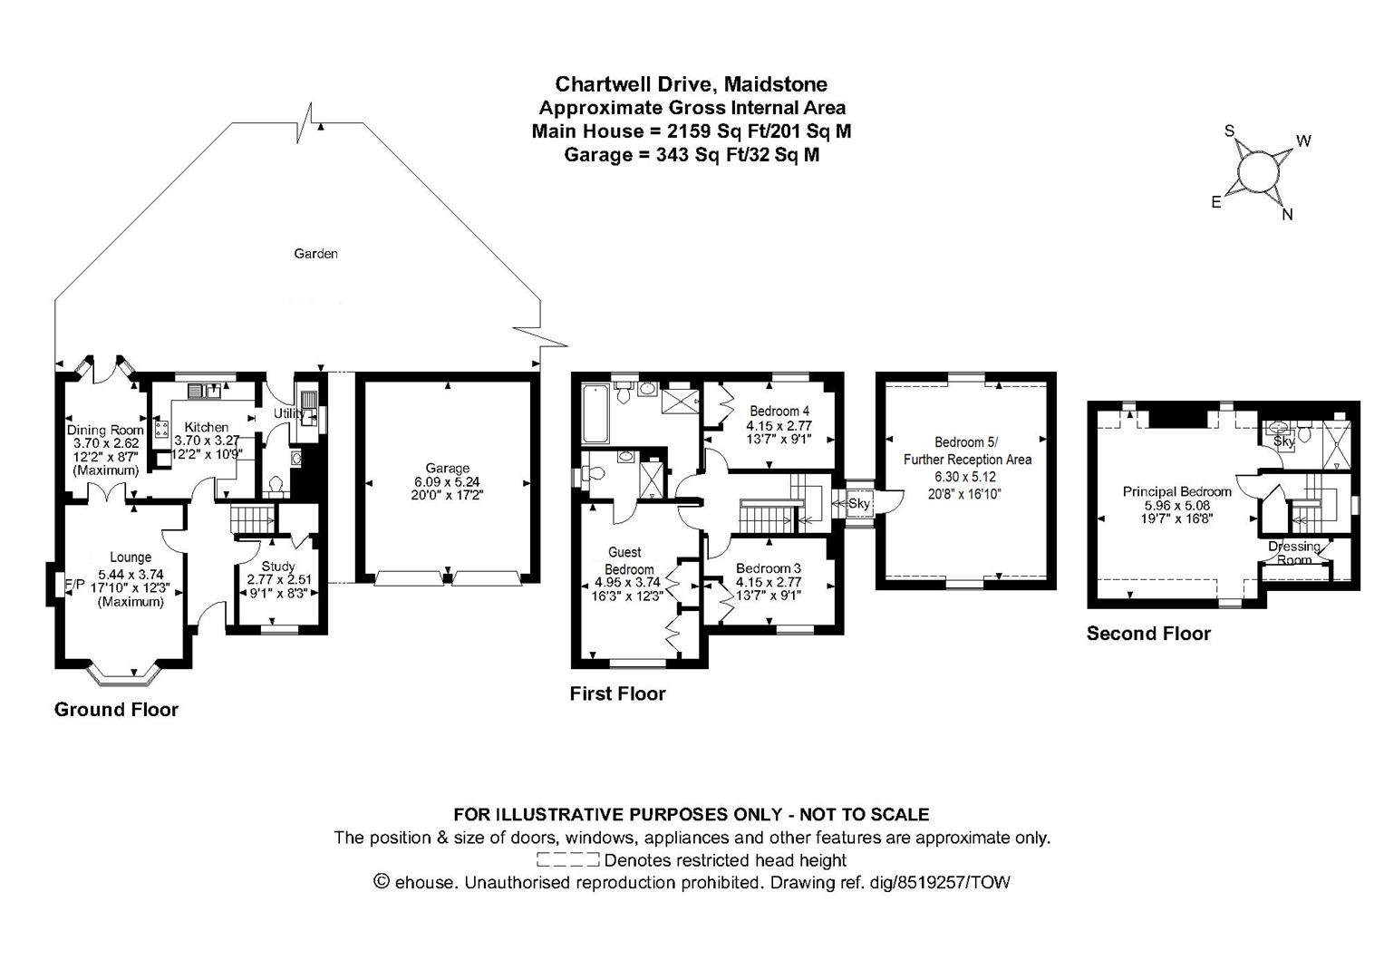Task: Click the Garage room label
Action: click(x=447, y=469)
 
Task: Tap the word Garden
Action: click(x=315, y=254)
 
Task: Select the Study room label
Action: click(x=277, y=567)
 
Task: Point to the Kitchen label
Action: click(x=207, y=427)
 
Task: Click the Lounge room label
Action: click(x=131, y=557)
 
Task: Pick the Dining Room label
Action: click(x=105, y=430)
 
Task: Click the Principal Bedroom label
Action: click(x=1176, y=491)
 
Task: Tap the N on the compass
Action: click(x=1286, y=215)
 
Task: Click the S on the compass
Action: click(x=1230, y=131)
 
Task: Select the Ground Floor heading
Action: click(x=116, y=709)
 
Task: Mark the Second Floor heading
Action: click(x=1148, y=634)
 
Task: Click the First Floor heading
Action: click(x=617, y=693)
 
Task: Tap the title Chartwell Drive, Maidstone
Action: click(x=691, y=84)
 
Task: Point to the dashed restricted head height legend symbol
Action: click(x=567, y=859)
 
